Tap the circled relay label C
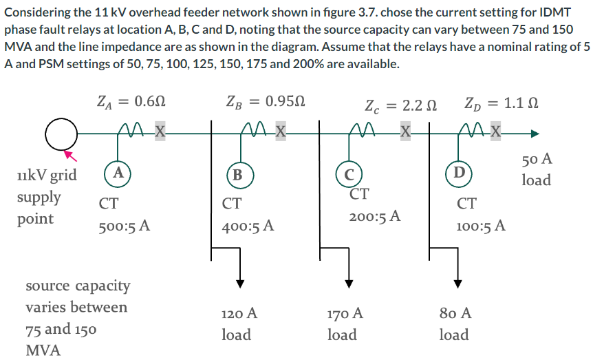349,173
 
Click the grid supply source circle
61,134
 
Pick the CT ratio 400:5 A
248,225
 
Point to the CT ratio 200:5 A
375,216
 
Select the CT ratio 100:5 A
481,225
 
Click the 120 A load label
239,324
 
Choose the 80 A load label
454,324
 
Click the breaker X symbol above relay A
160,131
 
